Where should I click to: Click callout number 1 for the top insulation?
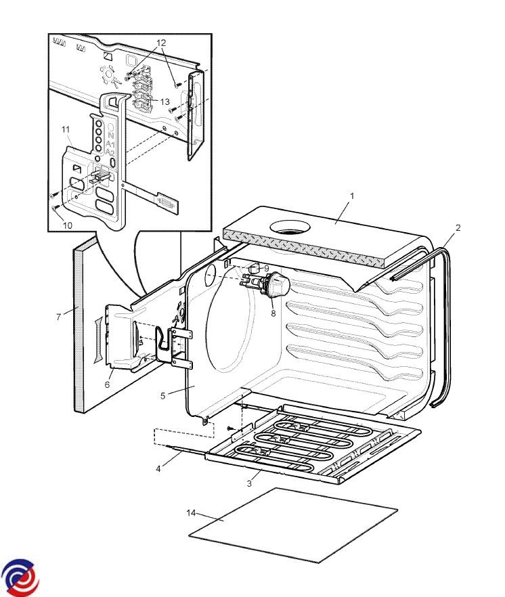point(352,196)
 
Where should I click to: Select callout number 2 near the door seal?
point(458,227)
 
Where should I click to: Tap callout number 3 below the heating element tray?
point(249,483)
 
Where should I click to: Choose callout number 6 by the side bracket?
point(107,385)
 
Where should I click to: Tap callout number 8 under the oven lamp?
point(273,313)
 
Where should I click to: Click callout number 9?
point(267,269)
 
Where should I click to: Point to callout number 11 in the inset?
point(66,129)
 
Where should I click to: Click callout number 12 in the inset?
point(160,43)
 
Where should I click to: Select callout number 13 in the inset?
point(164,102)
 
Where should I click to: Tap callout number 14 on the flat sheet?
point(191,512)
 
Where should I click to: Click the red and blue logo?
point(20,577)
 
